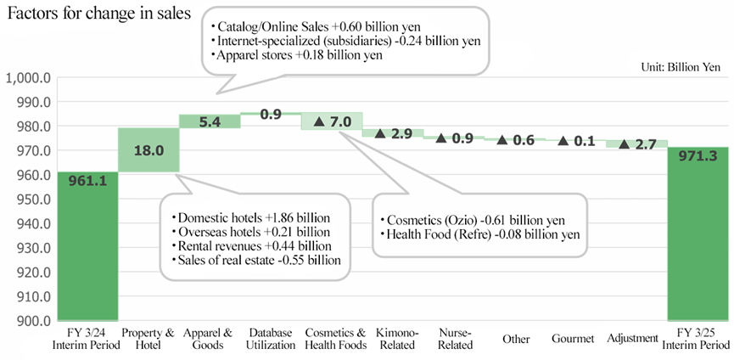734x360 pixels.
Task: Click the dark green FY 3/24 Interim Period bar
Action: [x=87, y=246]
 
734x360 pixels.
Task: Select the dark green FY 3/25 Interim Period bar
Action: [x=698, y=234]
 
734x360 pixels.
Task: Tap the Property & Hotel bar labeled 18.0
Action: [x=148, y=149]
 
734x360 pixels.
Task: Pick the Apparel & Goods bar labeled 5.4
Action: [x=210, y=121]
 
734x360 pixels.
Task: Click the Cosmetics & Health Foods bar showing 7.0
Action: [x=332, y=121]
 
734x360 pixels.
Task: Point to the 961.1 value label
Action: [x=88, y=180]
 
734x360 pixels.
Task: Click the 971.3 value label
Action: [x=698, y=156]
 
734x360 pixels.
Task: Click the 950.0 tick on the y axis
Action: [x=32, y=200]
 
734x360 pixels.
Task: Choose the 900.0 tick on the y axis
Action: [x=32, y=321]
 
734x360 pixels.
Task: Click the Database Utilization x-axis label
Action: [x=272, y=339]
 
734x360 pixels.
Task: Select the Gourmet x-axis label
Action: [x=573, y=339]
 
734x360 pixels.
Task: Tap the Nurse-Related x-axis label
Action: [x=455, y=339]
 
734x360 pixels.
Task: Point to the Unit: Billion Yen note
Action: [x=681, y=67]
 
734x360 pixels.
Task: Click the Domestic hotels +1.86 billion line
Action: [x=251, y=218]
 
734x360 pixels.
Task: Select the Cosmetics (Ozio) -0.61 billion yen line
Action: [x=473, y=220]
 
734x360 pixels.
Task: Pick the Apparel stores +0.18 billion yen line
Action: [x=297, y=55]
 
